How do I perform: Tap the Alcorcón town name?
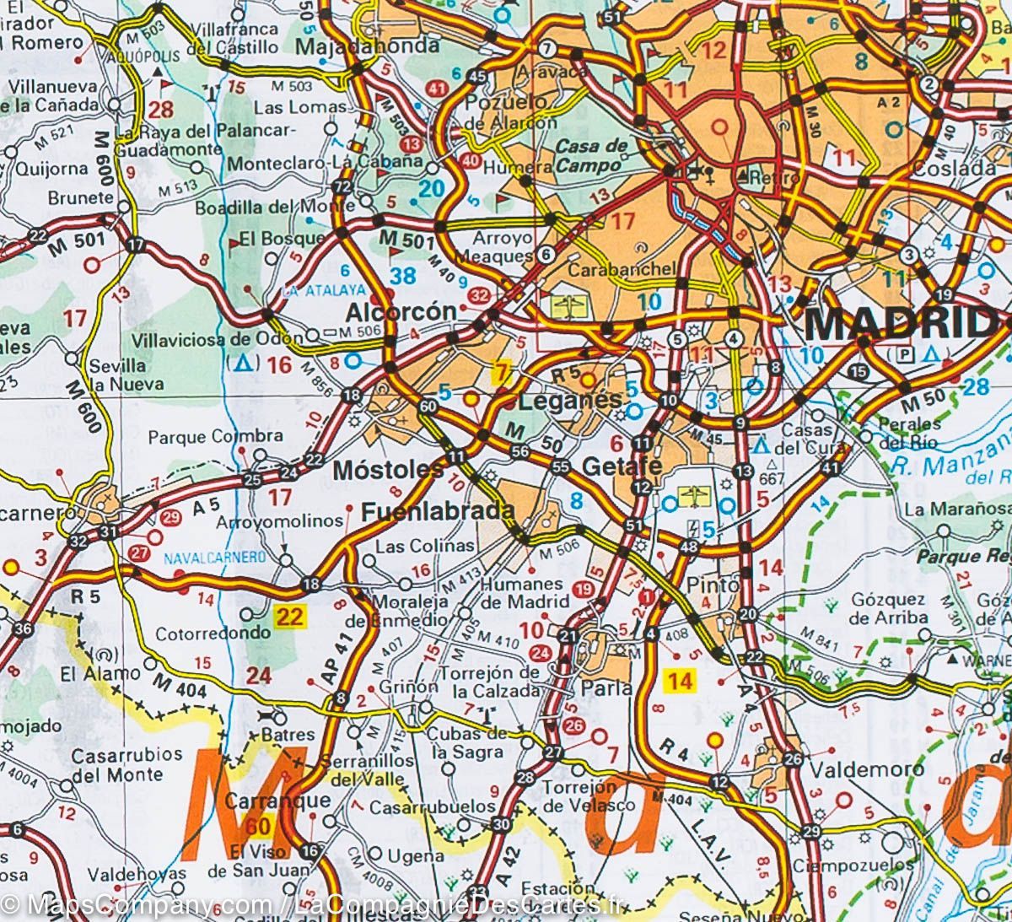(401, 312)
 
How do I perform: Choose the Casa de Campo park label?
(592, 155)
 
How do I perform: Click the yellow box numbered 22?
(289, 617)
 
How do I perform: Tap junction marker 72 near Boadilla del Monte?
(342, 186)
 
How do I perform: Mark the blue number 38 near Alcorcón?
(403, 275)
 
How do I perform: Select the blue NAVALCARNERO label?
(214, 558)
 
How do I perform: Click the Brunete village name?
(80, 197)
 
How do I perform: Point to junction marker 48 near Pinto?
(688, 548)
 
